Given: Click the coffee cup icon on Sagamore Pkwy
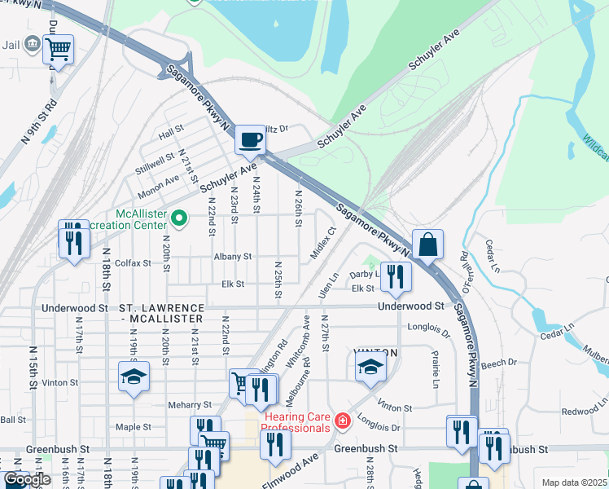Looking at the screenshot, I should [250, 139].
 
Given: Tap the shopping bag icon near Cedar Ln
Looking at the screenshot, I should [428, 244].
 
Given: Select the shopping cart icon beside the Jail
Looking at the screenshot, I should [58, 50].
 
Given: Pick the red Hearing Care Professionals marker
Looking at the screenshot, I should [343, 421].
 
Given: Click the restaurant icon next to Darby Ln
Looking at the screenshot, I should [396, 276].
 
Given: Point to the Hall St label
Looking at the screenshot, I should [172, 131].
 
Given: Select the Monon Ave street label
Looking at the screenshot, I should [160, 180].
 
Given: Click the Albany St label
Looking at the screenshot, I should [232, 256].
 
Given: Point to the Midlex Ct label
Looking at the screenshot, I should [324, 244].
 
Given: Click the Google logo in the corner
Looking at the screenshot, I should [27, 480].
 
